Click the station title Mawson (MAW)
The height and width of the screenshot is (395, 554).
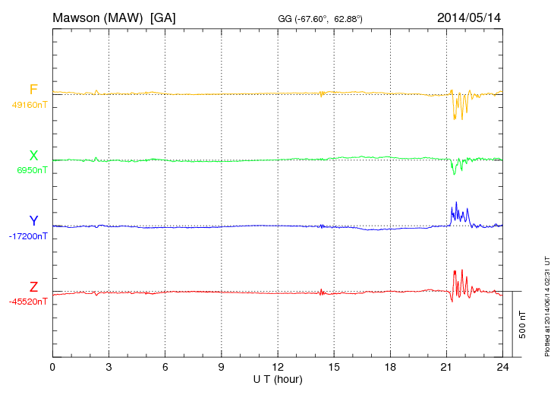tap(99, 17)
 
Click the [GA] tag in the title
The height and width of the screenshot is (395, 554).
tap(163, 17)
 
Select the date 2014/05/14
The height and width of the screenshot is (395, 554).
tap(468, 17)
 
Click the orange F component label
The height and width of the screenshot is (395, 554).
tap(33, 90)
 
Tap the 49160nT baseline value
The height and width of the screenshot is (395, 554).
tap(29, 105)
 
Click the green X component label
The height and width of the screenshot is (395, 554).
tap(33, 156)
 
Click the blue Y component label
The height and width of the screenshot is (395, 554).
tap(33, 221)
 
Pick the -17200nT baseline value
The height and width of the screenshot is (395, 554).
tap(28, 236)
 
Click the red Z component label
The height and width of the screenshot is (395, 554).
tap(33, 287)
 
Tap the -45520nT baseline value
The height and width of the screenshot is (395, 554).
tap(28, 302)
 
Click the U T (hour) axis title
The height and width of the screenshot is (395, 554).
tap(277, 378)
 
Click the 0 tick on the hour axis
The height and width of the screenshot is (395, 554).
tap(52, 367)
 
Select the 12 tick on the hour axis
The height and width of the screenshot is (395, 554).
tap(278, 367)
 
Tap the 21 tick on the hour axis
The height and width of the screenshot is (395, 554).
tap(446, 367)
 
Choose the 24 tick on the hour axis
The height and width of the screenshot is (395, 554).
tap(502, 367)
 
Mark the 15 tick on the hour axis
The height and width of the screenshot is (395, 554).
tap(334, 367)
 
